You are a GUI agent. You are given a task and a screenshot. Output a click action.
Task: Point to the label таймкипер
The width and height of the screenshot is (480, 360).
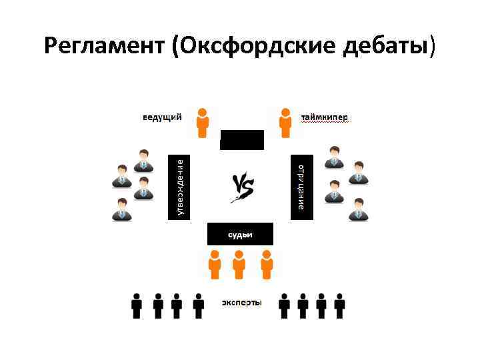[x=324, y=117]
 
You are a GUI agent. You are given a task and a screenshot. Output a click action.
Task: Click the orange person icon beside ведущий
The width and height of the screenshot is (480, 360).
[x=203, y=122]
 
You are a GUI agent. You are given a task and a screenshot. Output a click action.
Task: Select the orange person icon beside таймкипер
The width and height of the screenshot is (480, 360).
[x=285, y=122]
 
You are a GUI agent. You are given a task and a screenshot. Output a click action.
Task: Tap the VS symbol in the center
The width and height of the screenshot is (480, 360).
[x=241, y=187]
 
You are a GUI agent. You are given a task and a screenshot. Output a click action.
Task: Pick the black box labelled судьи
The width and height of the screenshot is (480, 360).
[x=240, y=234]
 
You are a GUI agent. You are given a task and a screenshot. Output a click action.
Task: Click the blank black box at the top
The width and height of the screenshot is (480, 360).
[x=242, y=139]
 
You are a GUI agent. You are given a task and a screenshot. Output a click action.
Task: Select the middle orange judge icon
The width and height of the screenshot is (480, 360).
[x=240, y=264]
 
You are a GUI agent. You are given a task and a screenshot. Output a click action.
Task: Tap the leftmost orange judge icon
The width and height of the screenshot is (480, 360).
[x=215, y=264]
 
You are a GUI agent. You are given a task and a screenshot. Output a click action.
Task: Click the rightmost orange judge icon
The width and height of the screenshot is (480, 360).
[x=267, y=264]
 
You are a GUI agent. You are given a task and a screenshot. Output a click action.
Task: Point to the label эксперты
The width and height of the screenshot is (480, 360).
[x=241, y=303]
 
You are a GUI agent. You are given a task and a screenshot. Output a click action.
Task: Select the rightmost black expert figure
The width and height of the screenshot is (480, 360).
[x=340, y=305]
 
